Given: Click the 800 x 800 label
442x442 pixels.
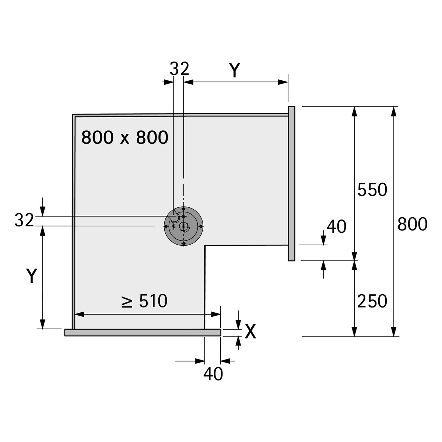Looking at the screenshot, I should click(124, 138).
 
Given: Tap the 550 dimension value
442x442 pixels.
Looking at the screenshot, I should click(372, 190).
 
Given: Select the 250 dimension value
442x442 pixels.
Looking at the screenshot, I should click(372, 301).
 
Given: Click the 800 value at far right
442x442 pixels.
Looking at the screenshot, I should click(412, 224).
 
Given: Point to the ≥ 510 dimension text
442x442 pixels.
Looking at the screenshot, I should click(144, 301).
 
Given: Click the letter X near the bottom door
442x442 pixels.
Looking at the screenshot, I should click(250, 332).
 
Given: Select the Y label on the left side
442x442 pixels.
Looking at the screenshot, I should click(32, 276).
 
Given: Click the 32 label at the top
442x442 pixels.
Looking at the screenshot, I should click(179, 69).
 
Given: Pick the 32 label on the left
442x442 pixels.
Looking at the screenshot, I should click(24, 220).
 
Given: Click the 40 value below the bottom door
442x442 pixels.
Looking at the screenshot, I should click(213, 374).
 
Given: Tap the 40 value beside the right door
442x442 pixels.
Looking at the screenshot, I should click(336, 227).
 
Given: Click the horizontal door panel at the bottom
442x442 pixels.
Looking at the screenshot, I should click(143, 333).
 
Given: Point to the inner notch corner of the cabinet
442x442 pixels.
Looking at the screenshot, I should click(205, 246).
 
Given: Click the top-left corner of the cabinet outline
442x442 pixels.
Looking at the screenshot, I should click(73, 115).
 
